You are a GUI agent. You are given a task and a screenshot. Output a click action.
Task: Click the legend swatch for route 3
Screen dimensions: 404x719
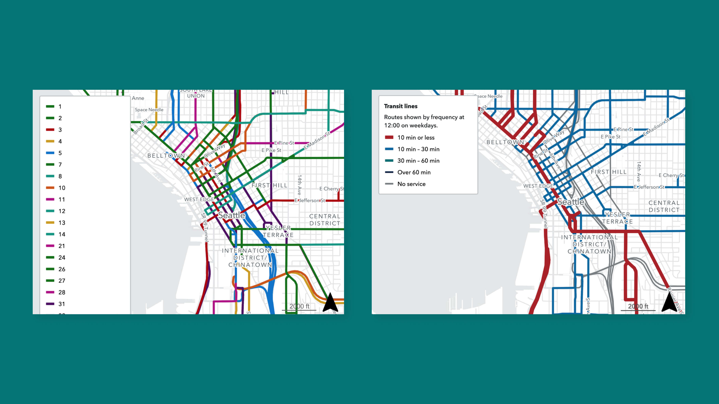click(x=50, y=130)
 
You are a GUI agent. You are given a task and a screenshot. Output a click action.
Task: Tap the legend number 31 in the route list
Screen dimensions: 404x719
click(x=62, y=304)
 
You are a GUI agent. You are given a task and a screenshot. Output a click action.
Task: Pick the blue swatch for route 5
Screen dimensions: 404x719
click(x=50, y=153)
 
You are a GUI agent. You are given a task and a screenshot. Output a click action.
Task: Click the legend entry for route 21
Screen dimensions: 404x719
click(x=62, y=246)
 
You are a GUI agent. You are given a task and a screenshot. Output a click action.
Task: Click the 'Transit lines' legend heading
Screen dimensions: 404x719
click(x=400, y=106)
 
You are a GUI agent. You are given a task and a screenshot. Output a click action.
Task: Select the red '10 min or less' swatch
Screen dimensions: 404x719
click(x=389, y=138)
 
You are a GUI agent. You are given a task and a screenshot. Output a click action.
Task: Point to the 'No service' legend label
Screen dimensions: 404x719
click(x=411, y=184)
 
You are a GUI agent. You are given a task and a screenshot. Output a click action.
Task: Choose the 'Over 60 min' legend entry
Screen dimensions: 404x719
click(x=414, y=172)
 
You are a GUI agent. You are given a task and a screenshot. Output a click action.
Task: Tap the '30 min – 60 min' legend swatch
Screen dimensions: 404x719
click(x=389, y=161)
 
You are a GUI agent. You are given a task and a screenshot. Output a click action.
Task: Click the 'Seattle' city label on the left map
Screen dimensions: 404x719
click(x=231, y=215)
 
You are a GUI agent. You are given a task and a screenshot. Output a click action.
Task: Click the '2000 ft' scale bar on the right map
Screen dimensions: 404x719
click(x=638, y=307)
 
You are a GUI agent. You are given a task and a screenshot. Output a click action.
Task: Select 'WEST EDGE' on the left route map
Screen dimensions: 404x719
click(x=199, y=199)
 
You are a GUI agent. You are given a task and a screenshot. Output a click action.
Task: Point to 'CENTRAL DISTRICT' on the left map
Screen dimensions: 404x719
click(x=325, y=220)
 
